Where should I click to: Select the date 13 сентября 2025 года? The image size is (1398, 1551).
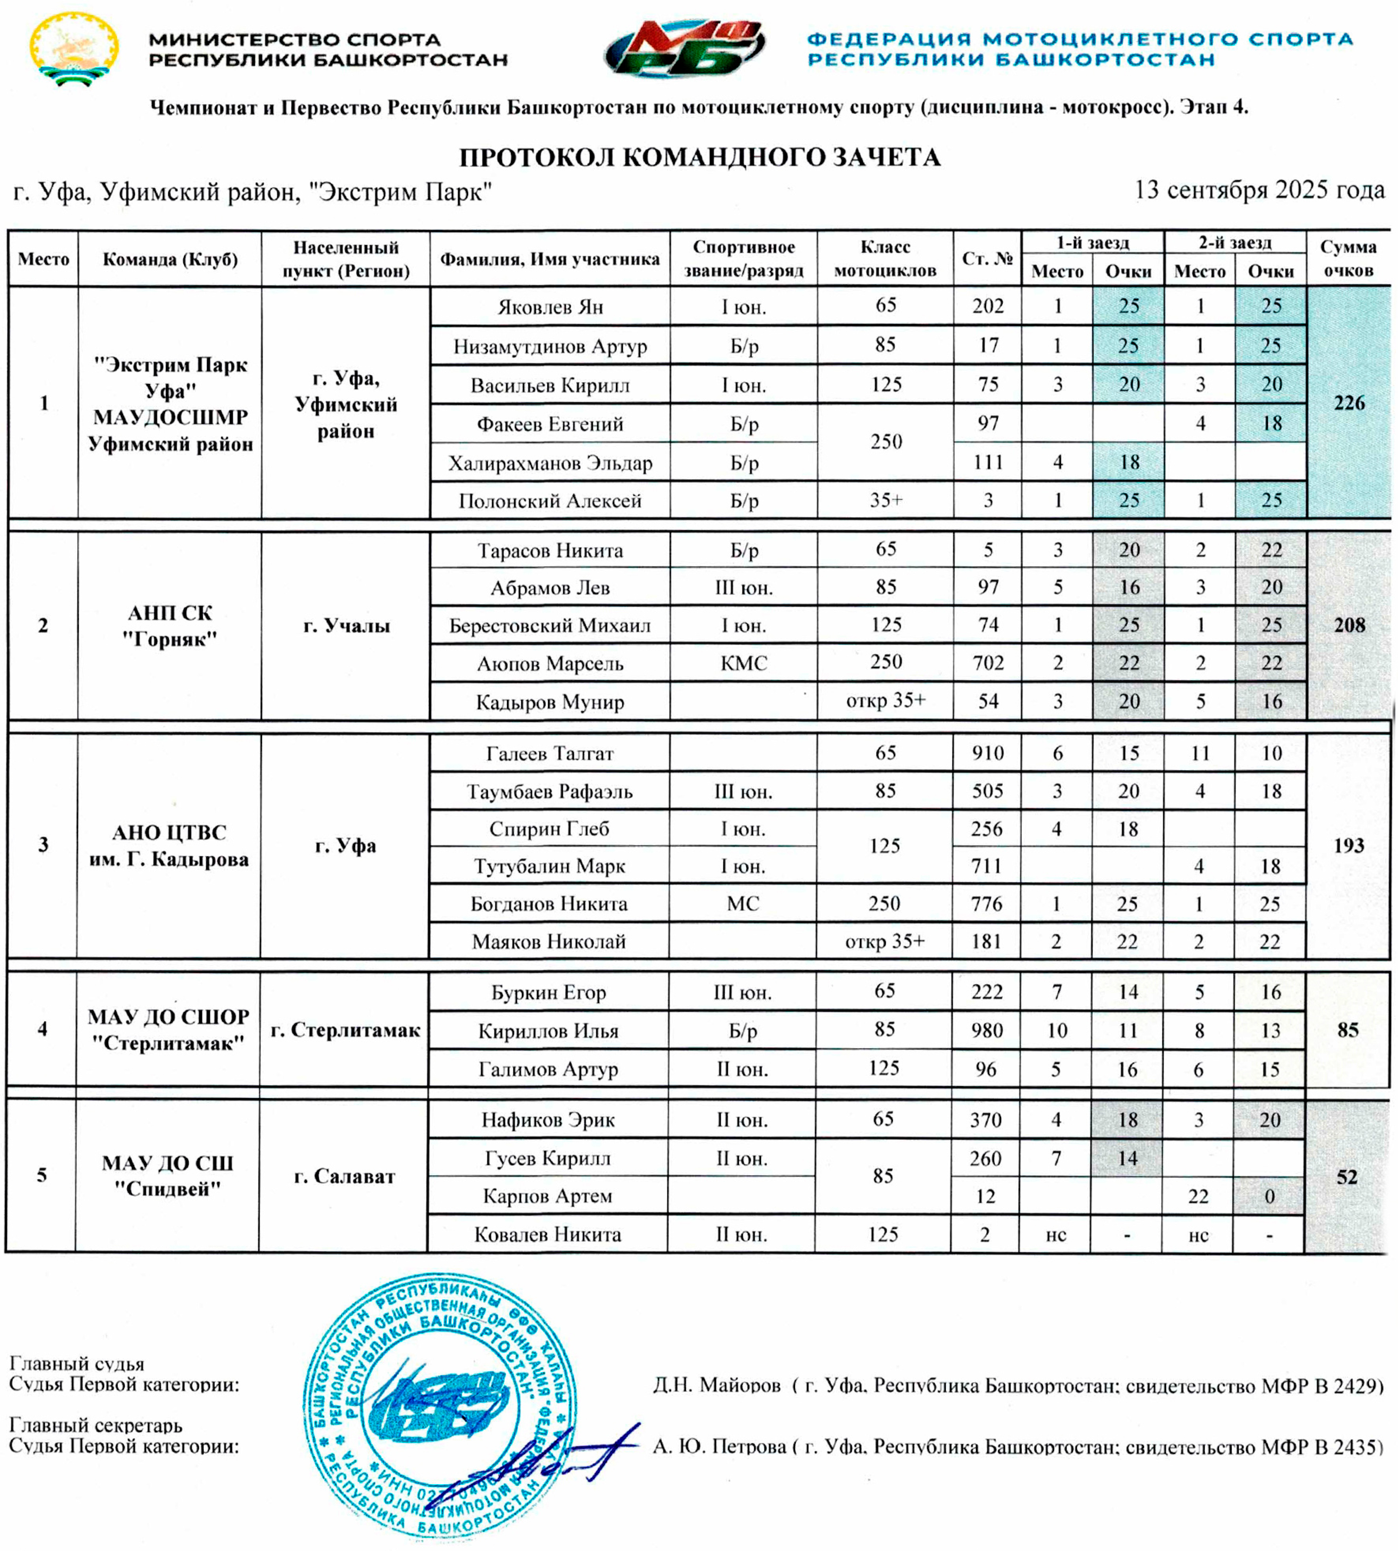click(x=1259, y=190)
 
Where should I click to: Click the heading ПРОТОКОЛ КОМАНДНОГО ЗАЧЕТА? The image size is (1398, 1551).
click(x=699, y=158)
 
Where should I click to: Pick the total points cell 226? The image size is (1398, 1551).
click(x=1349, y=403)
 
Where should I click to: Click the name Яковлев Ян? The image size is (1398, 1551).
click(x=550, y=307)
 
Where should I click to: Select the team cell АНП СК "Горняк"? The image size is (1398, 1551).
click(x=170, y=626)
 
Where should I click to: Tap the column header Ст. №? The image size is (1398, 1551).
click(x=987, y=259)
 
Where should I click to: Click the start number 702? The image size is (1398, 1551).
click(x=988, y=662)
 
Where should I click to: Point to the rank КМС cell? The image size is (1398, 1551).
click(x=744, y=662)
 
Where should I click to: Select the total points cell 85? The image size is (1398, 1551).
click(x=1348, y=1030)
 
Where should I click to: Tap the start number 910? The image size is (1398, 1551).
click(x=987, y=753)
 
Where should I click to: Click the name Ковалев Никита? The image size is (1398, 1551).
click(x=548, y=1234)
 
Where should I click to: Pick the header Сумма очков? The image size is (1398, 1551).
click(x=1348, y=259)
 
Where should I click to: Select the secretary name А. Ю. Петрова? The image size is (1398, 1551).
click(x=719, y=1447)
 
